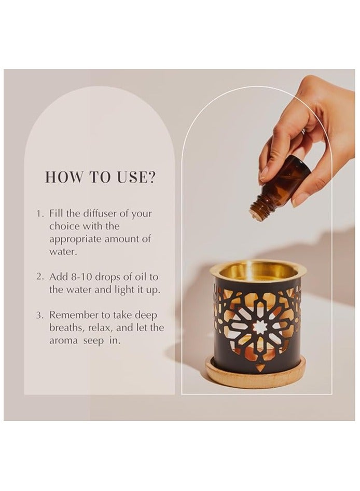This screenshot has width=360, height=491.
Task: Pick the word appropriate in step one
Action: tap(75, 240)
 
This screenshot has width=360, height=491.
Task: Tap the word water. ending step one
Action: tap(63, 252)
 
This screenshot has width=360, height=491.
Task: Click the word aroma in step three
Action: tap(63, 341)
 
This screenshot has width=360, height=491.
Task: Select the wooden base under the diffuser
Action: tap(255, 373)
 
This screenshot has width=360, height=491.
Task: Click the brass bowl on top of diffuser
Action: tap(258, 271)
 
